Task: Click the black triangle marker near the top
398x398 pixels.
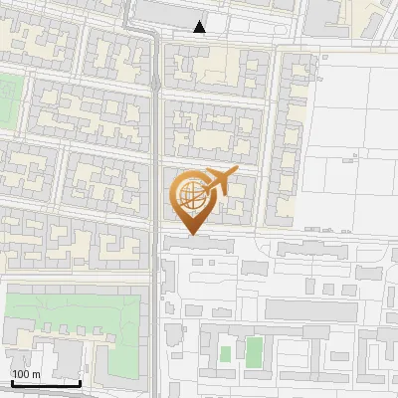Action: click(200, 27)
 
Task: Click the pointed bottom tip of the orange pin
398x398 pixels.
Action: click(192, 234)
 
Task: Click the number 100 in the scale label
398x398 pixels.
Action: click(22, 374)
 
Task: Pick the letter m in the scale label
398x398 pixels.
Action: click(37, 374)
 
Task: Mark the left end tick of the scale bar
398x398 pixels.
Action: click(11, 381)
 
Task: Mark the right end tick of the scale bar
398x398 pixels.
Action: click(80, 381)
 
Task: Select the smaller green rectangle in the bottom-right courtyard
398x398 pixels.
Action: click(226, 353)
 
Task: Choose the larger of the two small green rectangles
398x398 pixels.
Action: click(255, 351)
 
